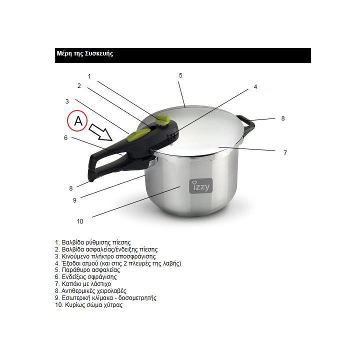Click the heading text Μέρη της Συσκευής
85,53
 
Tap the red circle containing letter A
77,121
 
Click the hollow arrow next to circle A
100,132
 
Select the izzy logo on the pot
201,186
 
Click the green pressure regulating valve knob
162,120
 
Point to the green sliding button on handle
138,134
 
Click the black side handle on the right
246,124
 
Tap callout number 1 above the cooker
89,76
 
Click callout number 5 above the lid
180,75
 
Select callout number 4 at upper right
255,87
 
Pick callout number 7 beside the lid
285,153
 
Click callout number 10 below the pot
80,221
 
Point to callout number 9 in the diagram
74,200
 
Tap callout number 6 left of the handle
65,138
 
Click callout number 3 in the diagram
67,101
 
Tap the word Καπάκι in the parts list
69,284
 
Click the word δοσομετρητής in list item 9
137,298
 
